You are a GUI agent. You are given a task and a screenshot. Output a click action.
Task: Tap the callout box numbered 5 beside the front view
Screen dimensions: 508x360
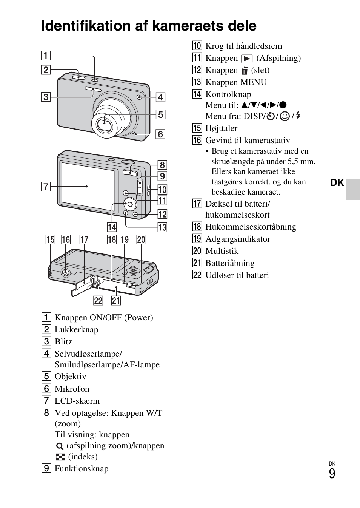[160, 114]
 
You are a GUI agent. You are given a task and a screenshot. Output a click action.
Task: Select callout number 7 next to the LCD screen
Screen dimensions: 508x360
[46, 186]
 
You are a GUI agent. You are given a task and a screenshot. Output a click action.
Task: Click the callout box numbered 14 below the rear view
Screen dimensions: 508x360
[112, 227]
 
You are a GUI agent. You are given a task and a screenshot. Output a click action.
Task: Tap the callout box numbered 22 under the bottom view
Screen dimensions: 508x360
[98, 300]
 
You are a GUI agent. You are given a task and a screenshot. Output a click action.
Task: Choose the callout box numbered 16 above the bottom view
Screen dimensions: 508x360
[66, 239]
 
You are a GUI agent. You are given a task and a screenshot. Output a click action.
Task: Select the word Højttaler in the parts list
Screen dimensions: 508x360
[221, 128]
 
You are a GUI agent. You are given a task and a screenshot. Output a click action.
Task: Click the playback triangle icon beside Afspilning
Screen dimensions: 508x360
[247, 59]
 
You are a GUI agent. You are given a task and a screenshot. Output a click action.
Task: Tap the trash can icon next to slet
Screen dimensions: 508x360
[245, 71]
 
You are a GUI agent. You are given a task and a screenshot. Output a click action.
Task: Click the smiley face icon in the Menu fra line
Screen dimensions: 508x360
[285, 116]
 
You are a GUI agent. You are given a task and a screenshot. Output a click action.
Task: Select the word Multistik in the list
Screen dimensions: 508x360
[222, 251]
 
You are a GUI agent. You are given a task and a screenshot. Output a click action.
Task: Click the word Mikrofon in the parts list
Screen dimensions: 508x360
[72, 389]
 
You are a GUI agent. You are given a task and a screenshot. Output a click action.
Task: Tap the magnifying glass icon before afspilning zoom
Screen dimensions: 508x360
[60, 446]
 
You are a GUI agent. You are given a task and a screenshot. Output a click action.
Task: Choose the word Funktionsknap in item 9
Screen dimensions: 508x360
[82, 469]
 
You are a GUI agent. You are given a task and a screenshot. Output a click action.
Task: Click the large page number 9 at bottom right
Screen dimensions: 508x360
[332, 474]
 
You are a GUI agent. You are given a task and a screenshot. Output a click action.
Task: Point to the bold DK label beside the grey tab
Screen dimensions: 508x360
[337, 183]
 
